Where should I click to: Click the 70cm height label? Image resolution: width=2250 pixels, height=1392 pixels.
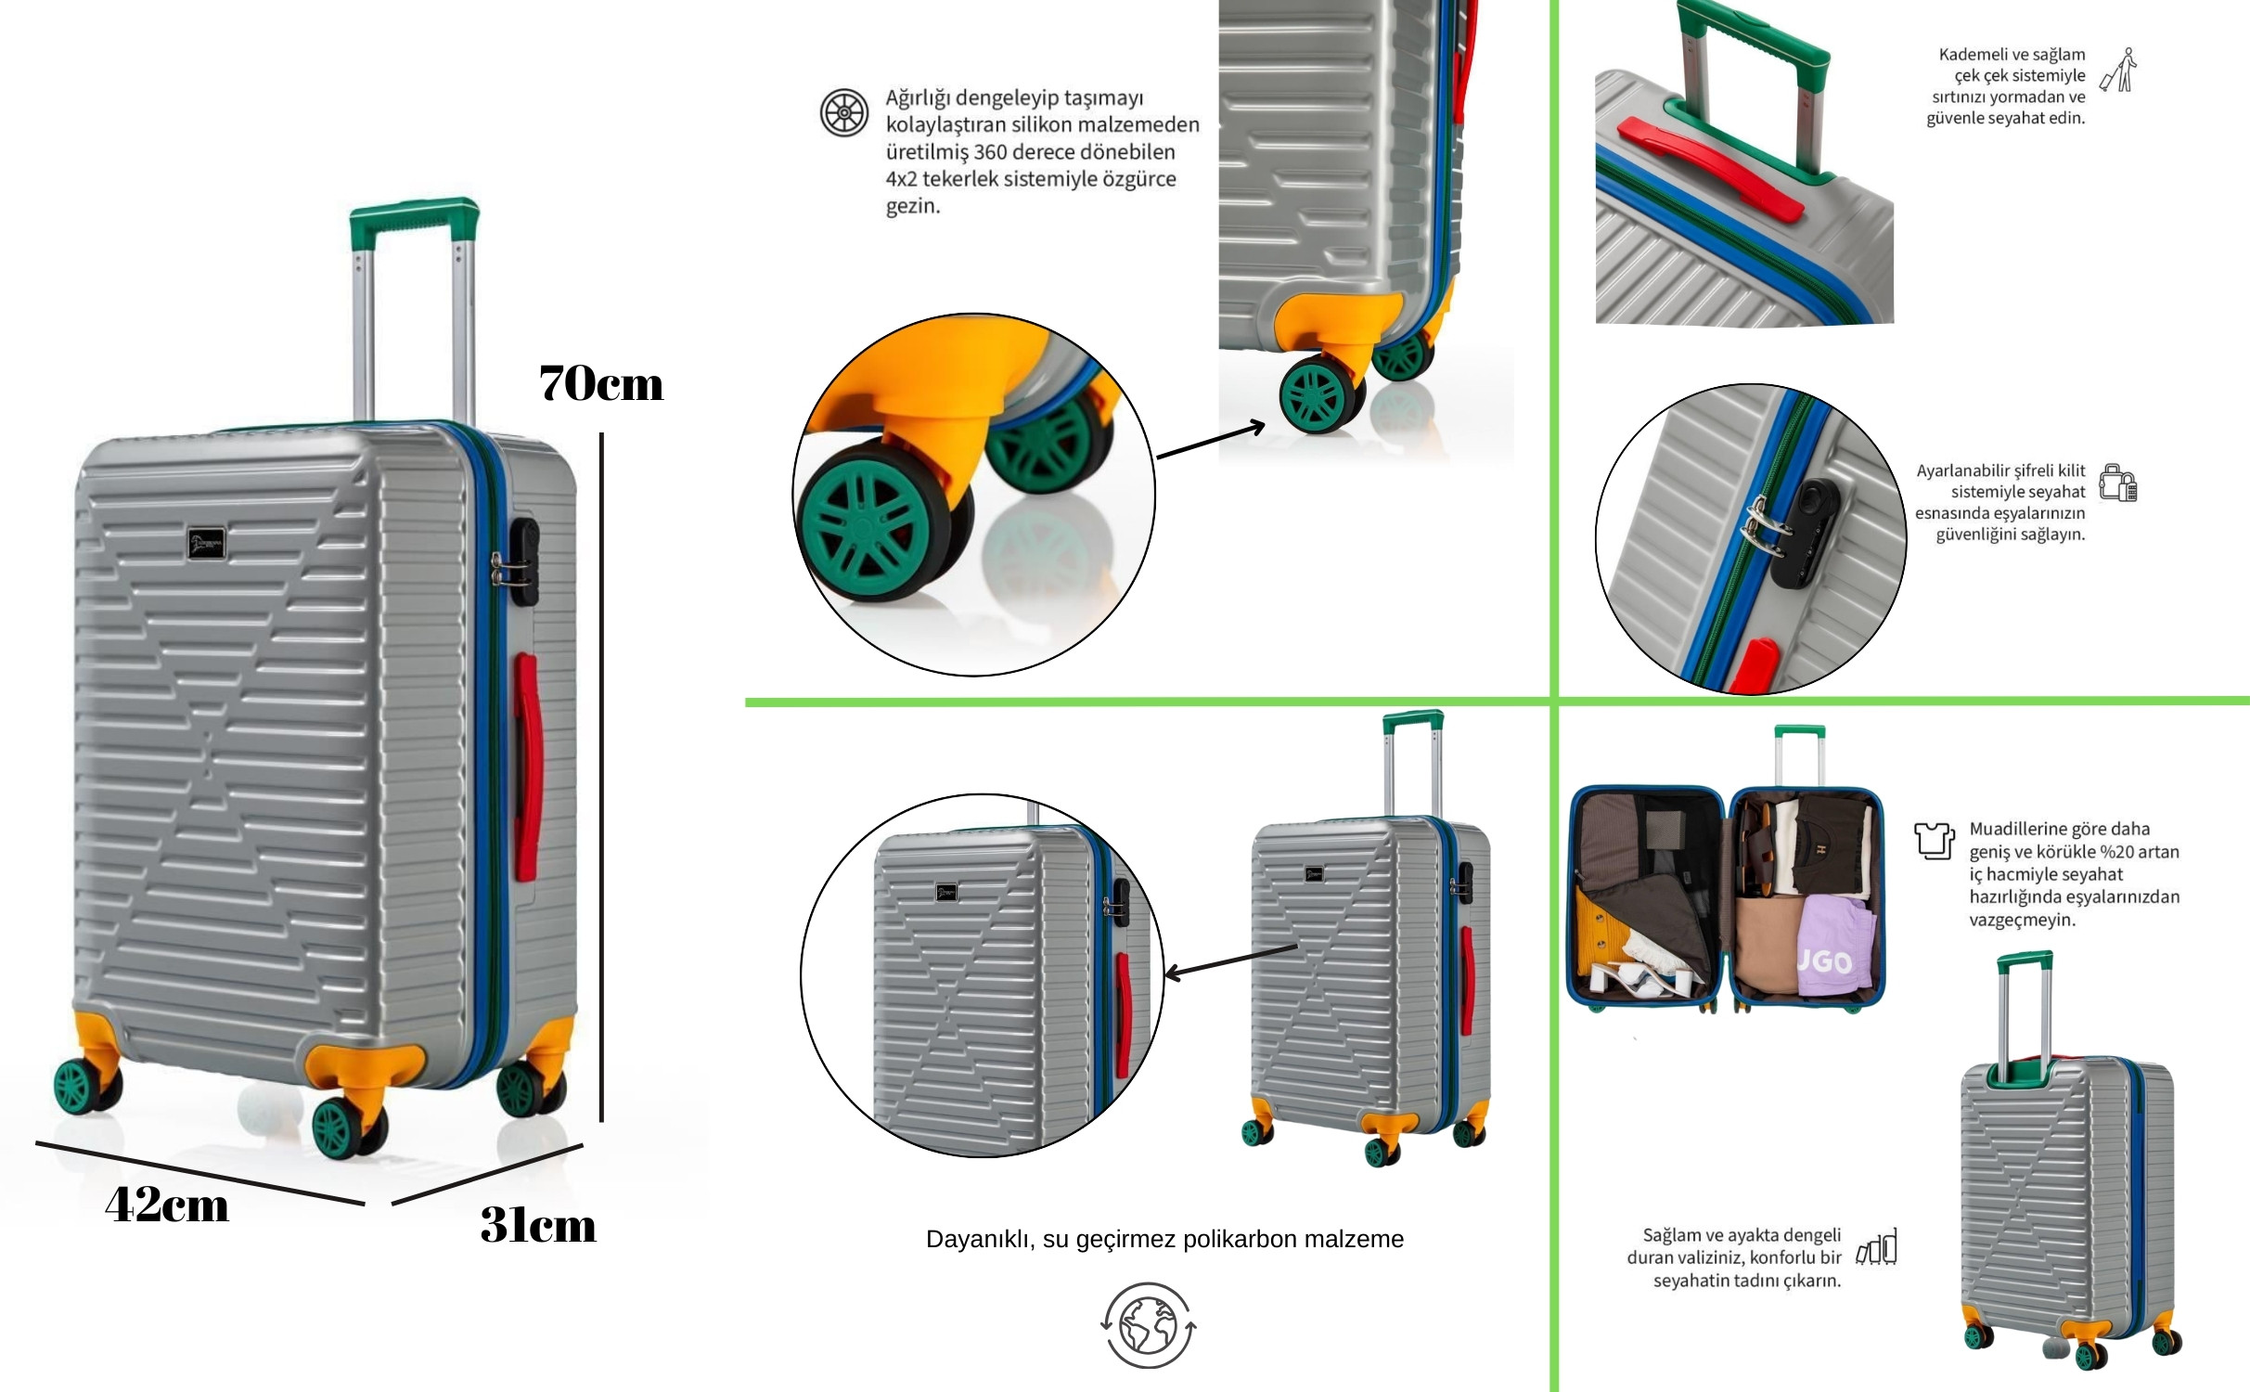pyautogui.click(x=601, y=383)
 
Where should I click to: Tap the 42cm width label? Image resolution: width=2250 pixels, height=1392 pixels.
pyautogui.click(x=167, y=1205)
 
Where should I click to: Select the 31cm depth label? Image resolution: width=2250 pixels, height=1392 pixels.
pyautogui.click(x=538, y=1225)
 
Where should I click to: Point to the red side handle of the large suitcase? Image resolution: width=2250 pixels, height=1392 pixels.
pyautogui.click(x=526, y=767)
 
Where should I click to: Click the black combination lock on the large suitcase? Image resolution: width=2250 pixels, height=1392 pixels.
pyautogui.click(x=522, y=561)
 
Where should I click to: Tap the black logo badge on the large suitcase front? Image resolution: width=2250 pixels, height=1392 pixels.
pyautogui.click(x=207, y=543)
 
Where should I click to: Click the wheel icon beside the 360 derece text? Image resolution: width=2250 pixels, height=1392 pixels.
pyautogui.click(x=844, y=112)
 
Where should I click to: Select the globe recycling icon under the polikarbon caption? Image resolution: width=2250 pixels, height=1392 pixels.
pyautogui.click(x=1149, y=1325)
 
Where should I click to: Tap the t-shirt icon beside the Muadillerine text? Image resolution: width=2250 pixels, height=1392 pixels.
pyautogui.click(x=1935, y=840)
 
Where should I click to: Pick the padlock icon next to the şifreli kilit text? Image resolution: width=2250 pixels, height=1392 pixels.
pyautogui.click(x=2118, y=483)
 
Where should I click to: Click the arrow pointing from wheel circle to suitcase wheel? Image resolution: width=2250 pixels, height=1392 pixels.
pyautogui.click(x=1211, y=440)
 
